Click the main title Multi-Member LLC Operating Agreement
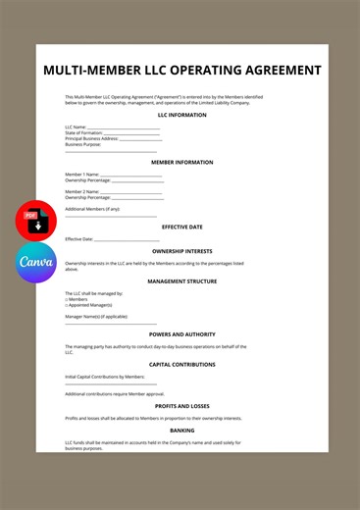point(181,71)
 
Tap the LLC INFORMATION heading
point(181,115)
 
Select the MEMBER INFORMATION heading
point(181,162)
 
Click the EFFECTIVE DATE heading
point(181,227)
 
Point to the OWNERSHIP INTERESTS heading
point(181,251)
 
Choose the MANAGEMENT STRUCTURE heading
point(181,280)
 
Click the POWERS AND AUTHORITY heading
point(181,333)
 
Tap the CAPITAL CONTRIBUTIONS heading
point(181,364)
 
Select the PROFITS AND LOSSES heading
point(181,405)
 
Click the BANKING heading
point(181,430)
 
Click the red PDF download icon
point(36,220)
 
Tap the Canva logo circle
point(36,263)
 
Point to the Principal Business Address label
point(91,139)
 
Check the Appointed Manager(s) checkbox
point(67,305)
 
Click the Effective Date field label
point(79,238)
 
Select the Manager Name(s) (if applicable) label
point(96,317)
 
